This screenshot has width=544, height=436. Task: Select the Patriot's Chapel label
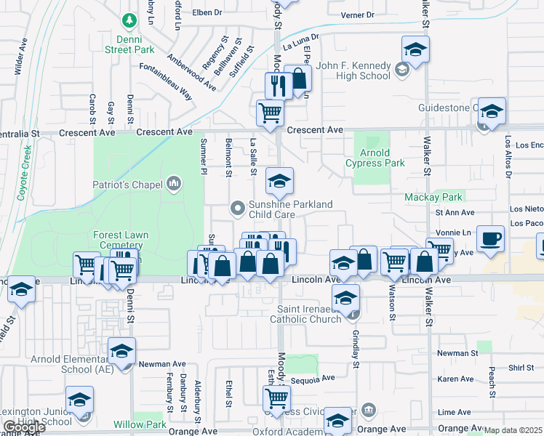127,185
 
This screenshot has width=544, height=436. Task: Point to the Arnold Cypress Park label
375,158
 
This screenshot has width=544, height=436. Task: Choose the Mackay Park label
433,197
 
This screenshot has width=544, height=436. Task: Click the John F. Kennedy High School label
354,70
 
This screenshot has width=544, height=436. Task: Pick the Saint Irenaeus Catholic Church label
305,314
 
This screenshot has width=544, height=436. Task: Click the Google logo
25,427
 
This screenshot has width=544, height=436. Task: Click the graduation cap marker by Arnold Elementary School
121,352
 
